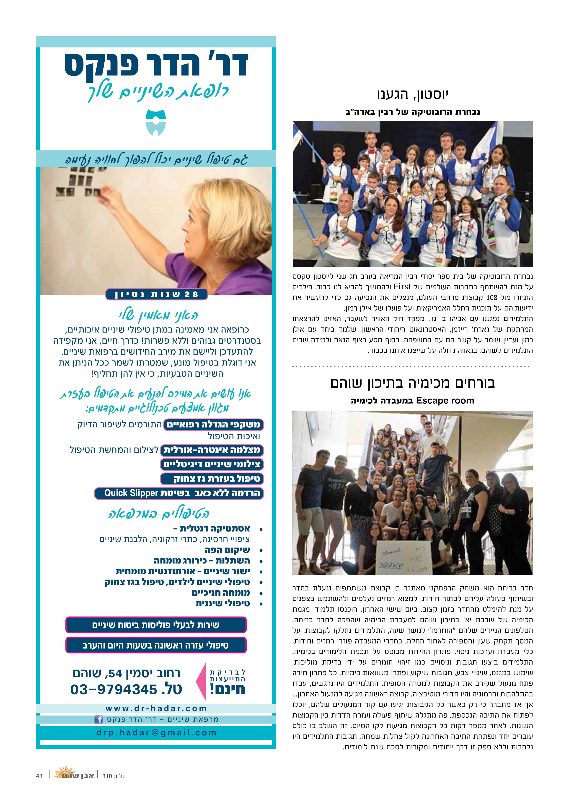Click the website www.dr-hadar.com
[156, 709]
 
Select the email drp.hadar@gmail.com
[156, 733]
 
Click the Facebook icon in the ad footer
[98, 720]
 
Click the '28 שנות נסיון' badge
[157, 294]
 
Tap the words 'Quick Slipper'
[131, 493]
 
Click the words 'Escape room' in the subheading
[445, 400]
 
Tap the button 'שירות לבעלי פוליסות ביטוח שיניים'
[156, 625]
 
